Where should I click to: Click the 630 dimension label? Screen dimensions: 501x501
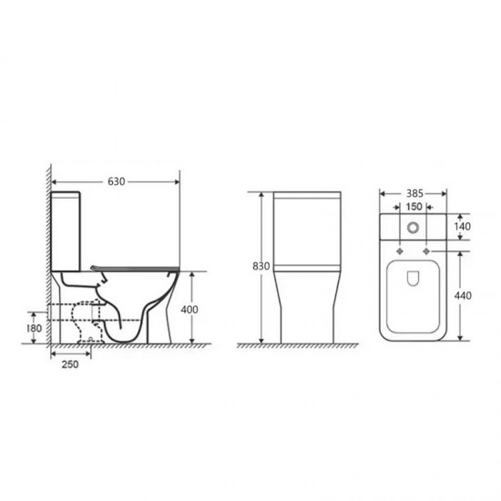[x=117, y=181]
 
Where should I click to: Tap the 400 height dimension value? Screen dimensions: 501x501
[x=189, y=310]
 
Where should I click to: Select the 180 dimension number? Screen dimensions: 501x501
[x=34, y=328]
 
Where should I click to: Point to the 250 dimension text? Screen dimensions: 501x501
[x=70, y=364]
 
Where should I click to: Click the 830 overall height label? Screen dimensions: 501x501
[x=261, y=266]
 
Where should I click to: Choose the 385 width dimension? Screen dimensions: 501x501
[x=414, y=193]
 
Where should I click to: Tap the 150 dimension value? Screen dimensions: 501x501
[x=414, y=207]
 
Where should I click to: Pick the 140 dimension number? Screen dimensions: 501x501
[x=463, y=226]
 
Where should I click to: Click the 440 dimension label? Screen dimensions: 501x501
[x=463, y=295]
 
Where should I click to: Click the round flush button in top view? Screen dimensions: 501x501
[x=414, y=227]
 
